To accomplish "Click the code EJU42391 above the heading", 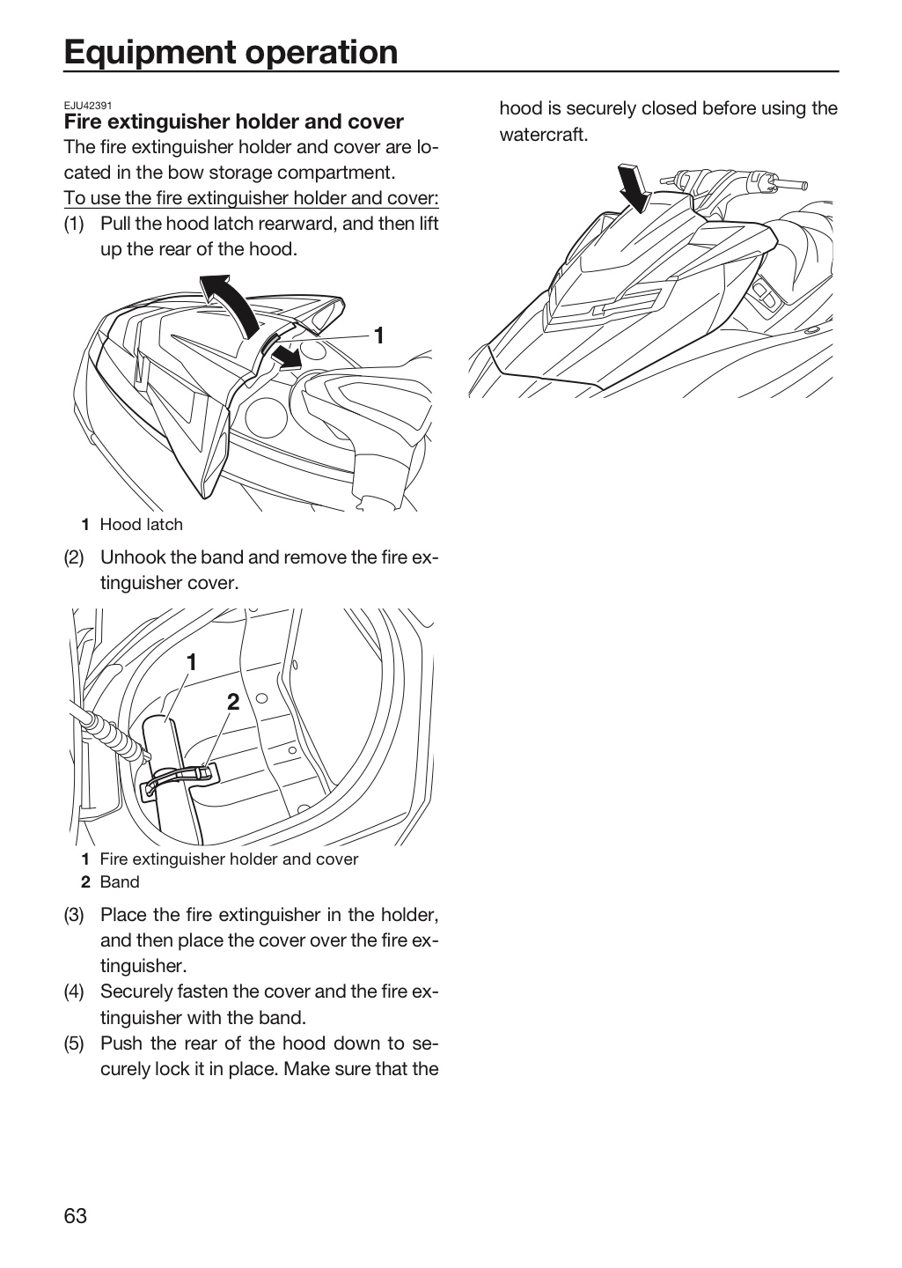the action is [88, 106].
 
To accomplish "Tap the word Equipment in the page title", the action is [150, 53].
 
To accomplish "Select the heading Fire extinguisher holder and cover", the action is [234, 122].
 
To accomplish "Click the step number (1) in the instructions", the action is [74, 225].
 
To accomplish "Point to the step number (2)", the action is [74, 557].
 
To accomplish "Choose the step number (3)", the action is [74, 915].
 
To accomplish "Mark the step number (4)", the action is [74, 992].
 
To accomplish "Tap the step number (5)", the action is [74, 1043].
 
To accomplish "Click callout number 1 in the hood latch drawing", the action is [379, 335].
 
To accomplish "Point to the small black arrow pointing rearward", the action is [286, 358].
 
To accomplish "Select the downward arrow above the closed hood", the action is [635, 188].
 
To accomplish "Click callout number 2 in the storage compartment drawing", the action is [233, 703].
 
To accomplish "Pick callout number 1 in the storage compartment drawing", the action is [192, 662].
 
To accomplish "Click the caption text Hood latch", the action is [142, 525].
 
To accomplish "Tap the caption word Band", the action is [120, 882].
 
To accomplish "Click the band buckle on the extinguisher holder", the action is [207, 771].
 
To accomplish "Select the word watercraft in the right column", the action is [544, 136].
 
